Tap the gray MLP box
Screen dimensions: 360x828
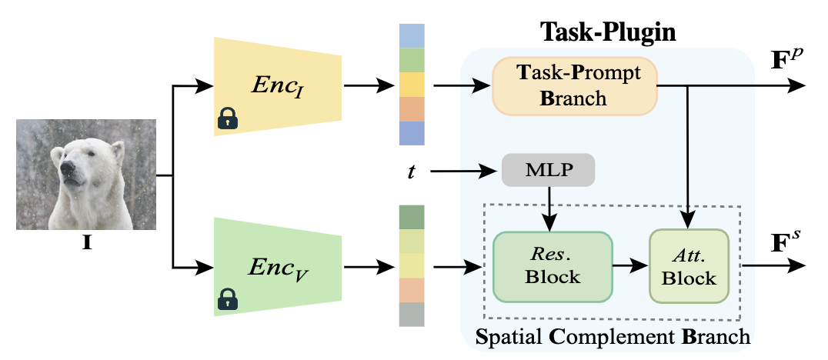[x=548, y=169]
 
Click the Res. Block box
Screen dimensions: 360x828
[x=552, y=268]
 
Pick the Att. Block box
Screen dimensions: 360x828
[x=689, y=268]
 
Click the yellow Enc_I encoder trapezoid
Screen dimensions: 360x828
[x=276, y=86]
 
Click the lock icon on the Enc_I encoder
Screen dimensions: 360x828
[x=228, y=118]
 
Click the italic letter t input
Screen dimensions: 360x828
[x=412, y=171]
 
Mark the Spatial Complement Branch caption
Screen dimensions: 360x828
[x=613, y=337]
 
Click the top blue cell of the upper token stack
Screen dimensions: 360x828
[x=412, y=36]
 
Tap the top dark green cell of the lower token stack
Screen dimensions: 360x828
[x=412, y=217]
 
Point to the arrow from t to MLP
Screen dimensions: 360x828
[x=462, y=169]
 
